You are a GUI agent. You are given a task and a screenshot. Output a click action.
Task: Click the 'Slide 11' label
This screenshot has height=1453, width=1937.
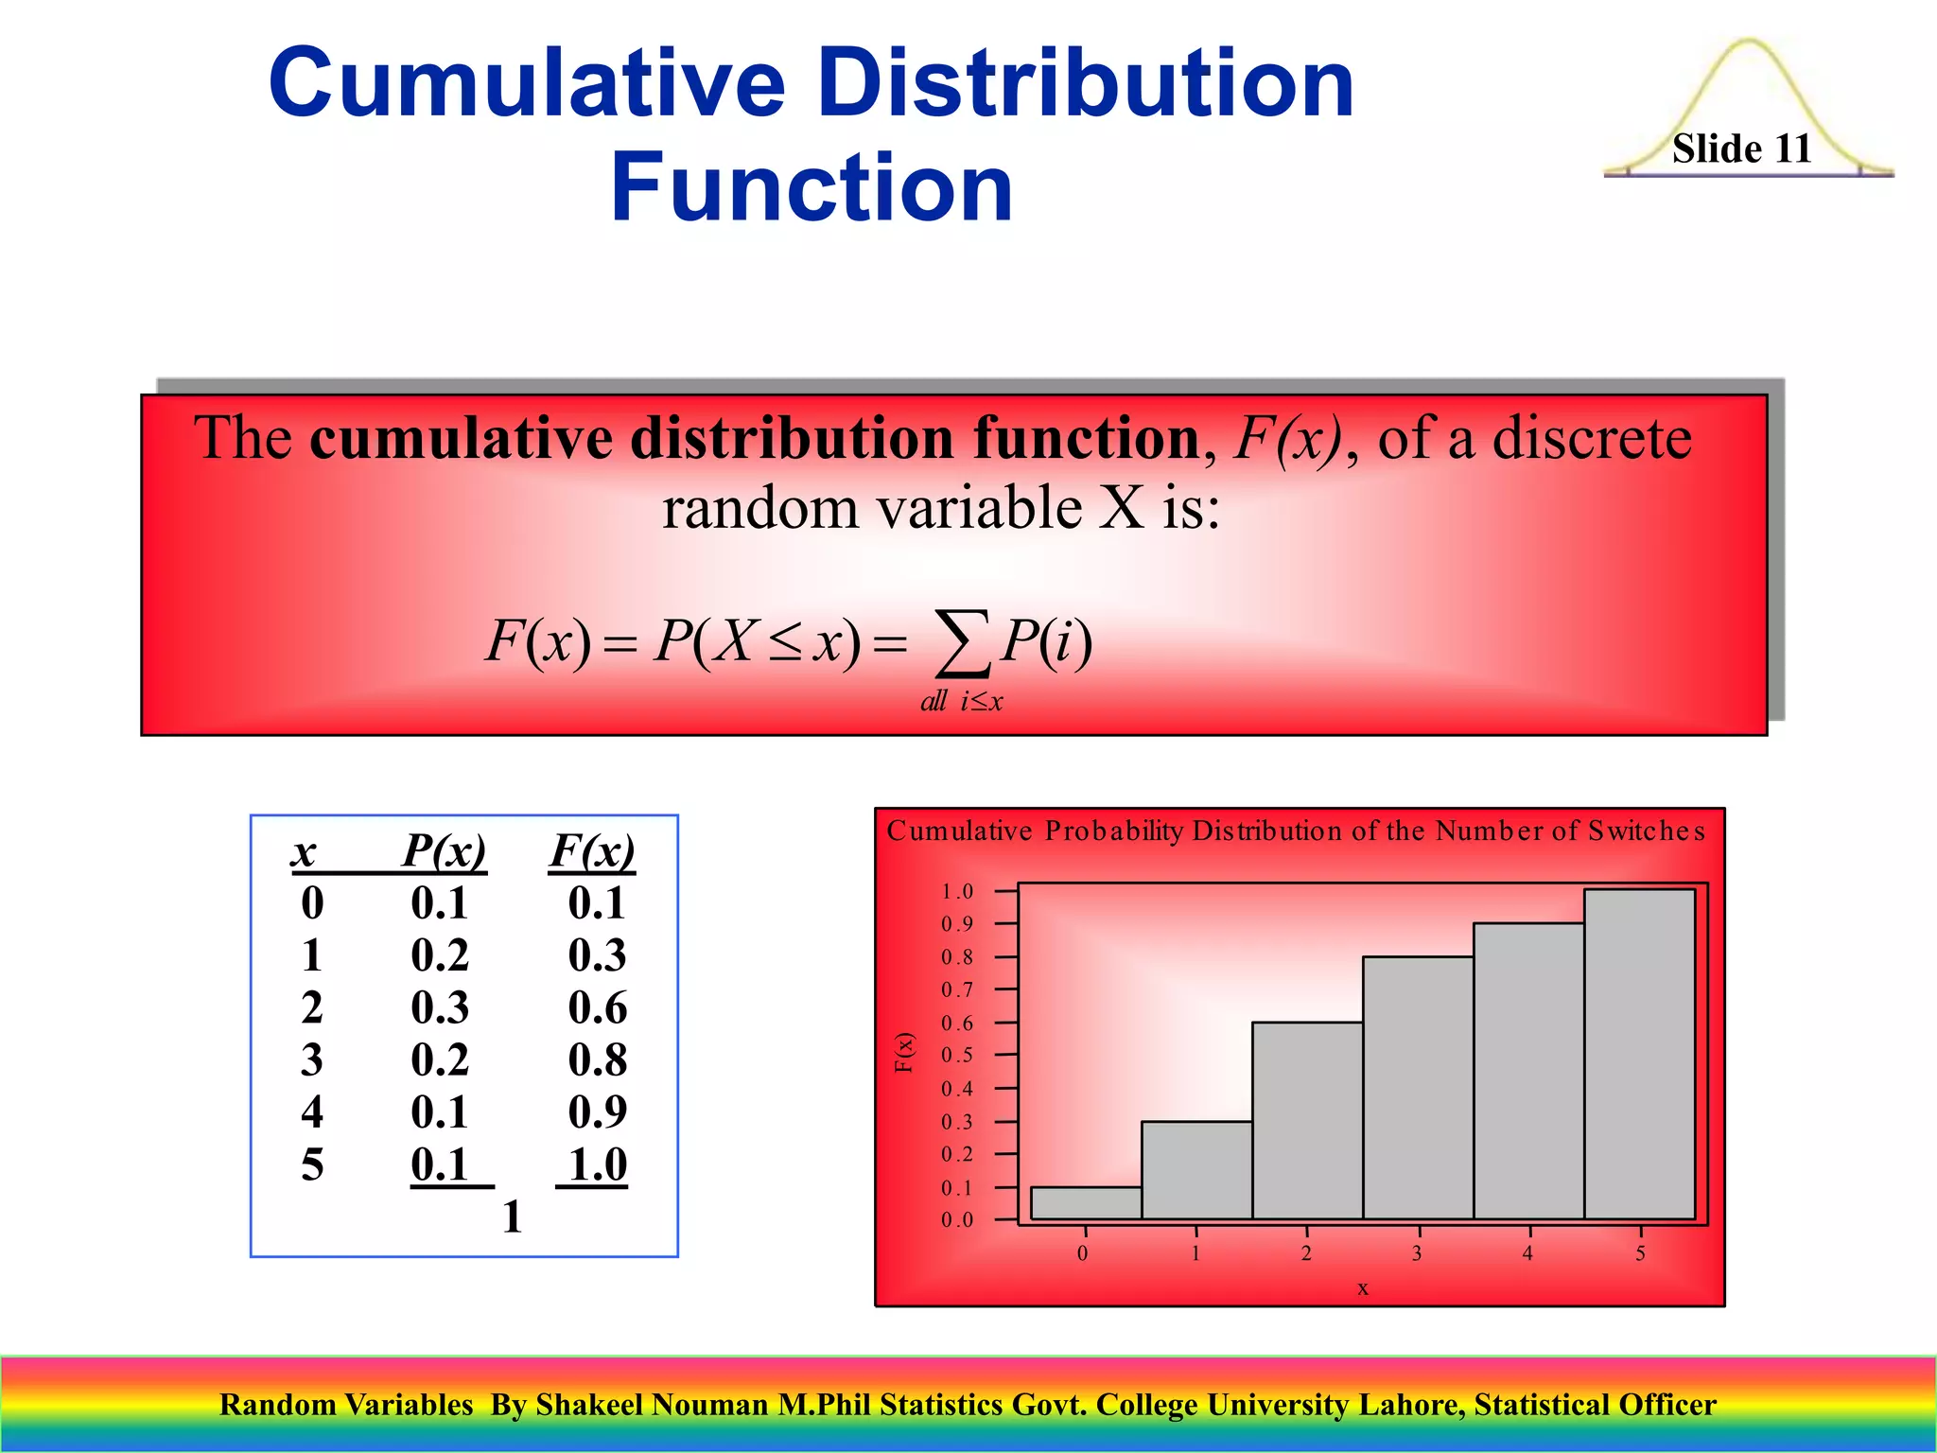tap(1741, 149)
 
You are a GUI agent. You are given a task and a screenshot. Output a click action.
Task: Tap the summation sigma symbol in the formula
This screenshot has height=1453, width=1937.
tap(962, 644)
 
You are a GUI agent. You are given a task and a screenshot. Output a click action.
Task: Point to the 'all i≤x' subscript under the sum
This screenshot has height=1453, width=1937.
tap(961, 701)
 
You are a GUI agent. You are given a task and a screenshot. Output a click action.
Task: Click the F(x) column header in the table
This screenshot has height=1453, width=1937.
tap(592, 849)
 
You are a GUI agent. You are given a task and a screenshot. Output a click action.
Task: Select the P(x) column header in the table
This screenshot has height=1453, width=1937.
tap(444, 849)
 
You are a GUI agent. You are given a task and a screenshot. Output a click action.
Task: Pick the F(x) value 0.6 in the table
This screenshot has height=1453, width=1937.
tap(597, 1007)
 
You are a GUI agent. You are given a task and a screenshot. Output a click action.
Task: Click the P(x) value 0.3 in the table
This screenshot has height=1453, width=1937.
tap(440, 1007)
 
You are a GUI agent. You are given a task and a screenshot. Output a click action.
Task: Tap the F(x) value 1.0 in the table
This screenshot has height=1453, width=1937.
tap(597, 1164)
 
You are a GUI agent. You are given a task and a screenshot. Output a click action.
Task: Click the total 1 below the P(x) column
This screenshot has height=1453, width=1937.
tap(512, 1217)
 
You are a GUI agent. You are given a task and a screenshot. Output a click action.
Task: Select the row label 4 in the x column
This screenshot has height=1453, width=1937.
tap(312, 1112)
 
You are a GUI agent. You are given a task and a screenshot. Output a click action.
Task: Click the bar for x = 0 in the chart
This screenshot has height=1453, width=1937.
tap(1086, 1203)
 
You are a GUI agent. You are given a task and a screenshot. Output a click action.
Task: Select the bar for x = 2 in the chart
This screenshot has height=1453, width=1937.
tap(1307, 1121)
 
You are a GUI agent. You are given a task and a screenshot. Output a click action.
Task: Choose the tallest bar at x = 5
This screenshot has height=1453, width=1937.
tap(1639, 1054)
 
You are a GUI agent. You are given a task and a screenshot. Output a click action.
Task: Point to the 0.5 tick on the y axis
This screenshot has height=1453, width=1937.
tap(956, 1056)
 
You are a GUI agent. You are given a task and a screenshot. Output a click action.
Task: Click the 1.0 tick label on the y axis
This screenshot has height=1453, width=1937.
tap(956, 891)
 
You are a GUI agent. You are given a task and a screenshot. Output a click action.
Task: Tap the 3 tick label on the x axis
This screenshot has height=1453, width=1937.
tap(1417, 1253)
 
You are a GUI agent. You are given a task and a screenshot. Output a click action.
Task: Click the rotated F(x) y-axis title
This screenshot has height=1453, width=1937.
tap(904, 1053)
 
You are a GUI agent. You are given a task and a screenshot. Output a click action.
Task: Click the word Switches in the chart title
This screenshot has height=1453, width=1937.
tap(1646, 831)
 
